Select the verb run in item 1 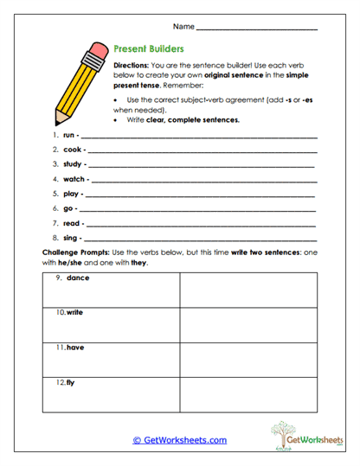tap(69, 136)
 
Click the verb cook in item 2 tap(72, 150)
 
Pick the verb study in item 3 tap(73, 163)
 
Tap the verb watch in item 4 tap(74, 179)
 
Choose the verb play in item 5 tap(72, 194)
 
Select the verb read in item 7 tap(72, 223)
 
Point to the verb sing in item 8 tap(72, 237)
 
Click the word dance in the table tap(78, 278)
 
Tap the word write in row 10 tap(74, 312)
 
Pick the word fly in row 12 tap(70, 381)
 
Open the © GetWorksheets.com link tap(179, 440)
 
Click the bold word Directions tap(131, 65)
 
